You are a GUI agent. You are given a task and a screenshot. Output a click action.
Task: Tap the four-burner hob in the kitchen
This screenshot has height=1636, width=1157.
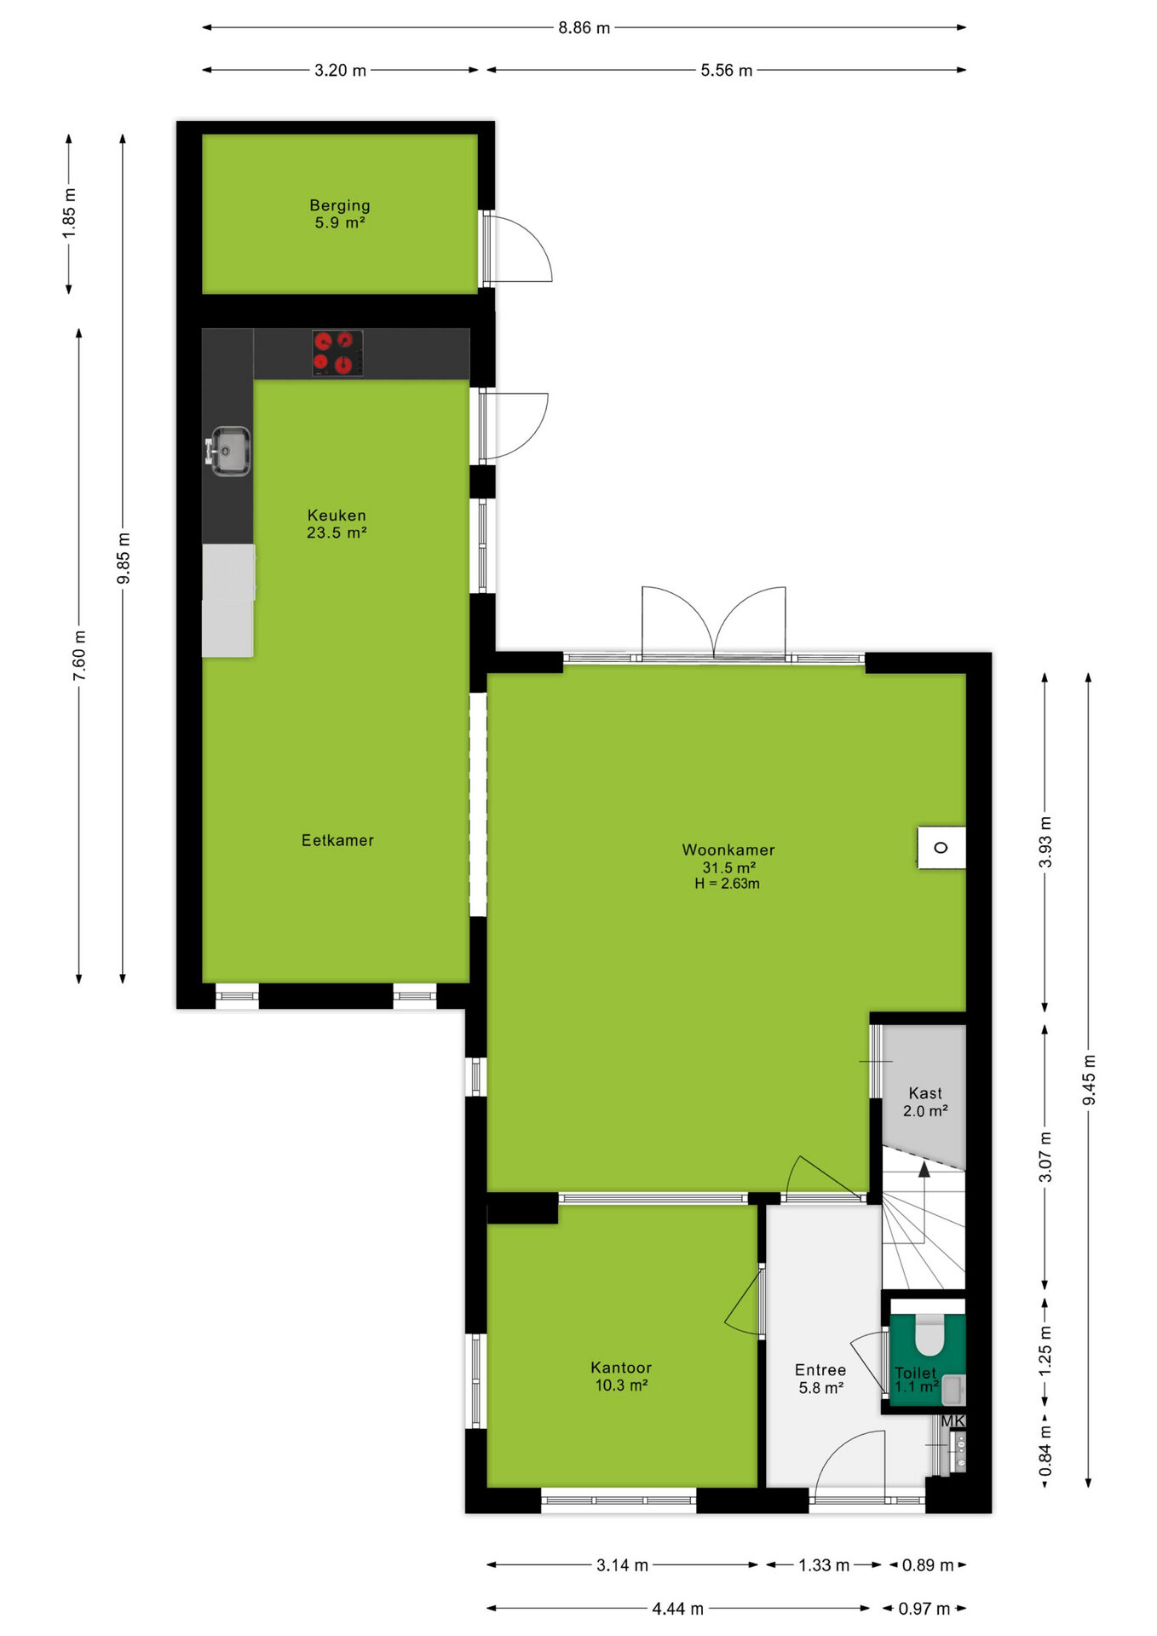pos(337,354)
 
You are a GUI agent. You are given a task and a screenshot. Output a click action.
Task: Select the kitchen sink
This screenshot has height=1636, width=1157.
pos(229,451)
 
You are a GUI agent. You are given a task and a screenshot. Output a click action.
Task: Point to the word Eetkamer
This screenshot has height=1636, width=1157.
pos(337,840)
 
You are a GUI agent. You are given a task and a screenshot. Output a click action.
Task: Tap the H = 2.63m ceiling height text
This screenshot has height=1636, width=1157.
pos(727,884)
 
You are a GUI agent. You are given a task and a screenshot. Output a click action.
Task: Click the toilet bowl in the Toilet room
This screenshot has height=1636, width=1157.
pos(930,1334)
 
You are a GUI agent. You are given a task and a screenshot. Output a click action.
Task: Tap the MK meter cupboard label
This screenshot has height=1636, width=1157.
pos(953,1420)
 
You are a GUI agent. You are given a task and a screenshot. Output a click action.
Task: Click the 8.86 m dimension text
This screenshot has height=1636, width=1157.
pos(584,28)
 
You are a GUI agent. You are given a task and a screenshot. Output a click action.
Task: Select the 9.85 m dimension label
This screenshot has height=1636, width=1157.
pos(124,558)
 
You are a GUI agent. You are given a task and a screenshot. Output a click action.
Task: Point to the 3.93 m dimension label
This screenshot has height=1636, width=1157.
pos(1045,842)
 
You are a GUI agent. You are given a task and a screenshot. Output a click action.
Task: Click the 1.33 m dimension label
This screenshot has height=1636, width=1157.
pos(824,1565)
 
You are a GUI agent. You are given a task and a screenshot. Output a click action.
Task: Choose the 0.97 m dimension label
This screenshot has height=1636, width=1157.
pos(924,1609)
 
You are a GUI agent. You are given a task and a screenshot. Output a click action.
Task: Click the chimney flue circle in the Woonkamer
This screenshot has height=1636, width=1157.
pos(941,848)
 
